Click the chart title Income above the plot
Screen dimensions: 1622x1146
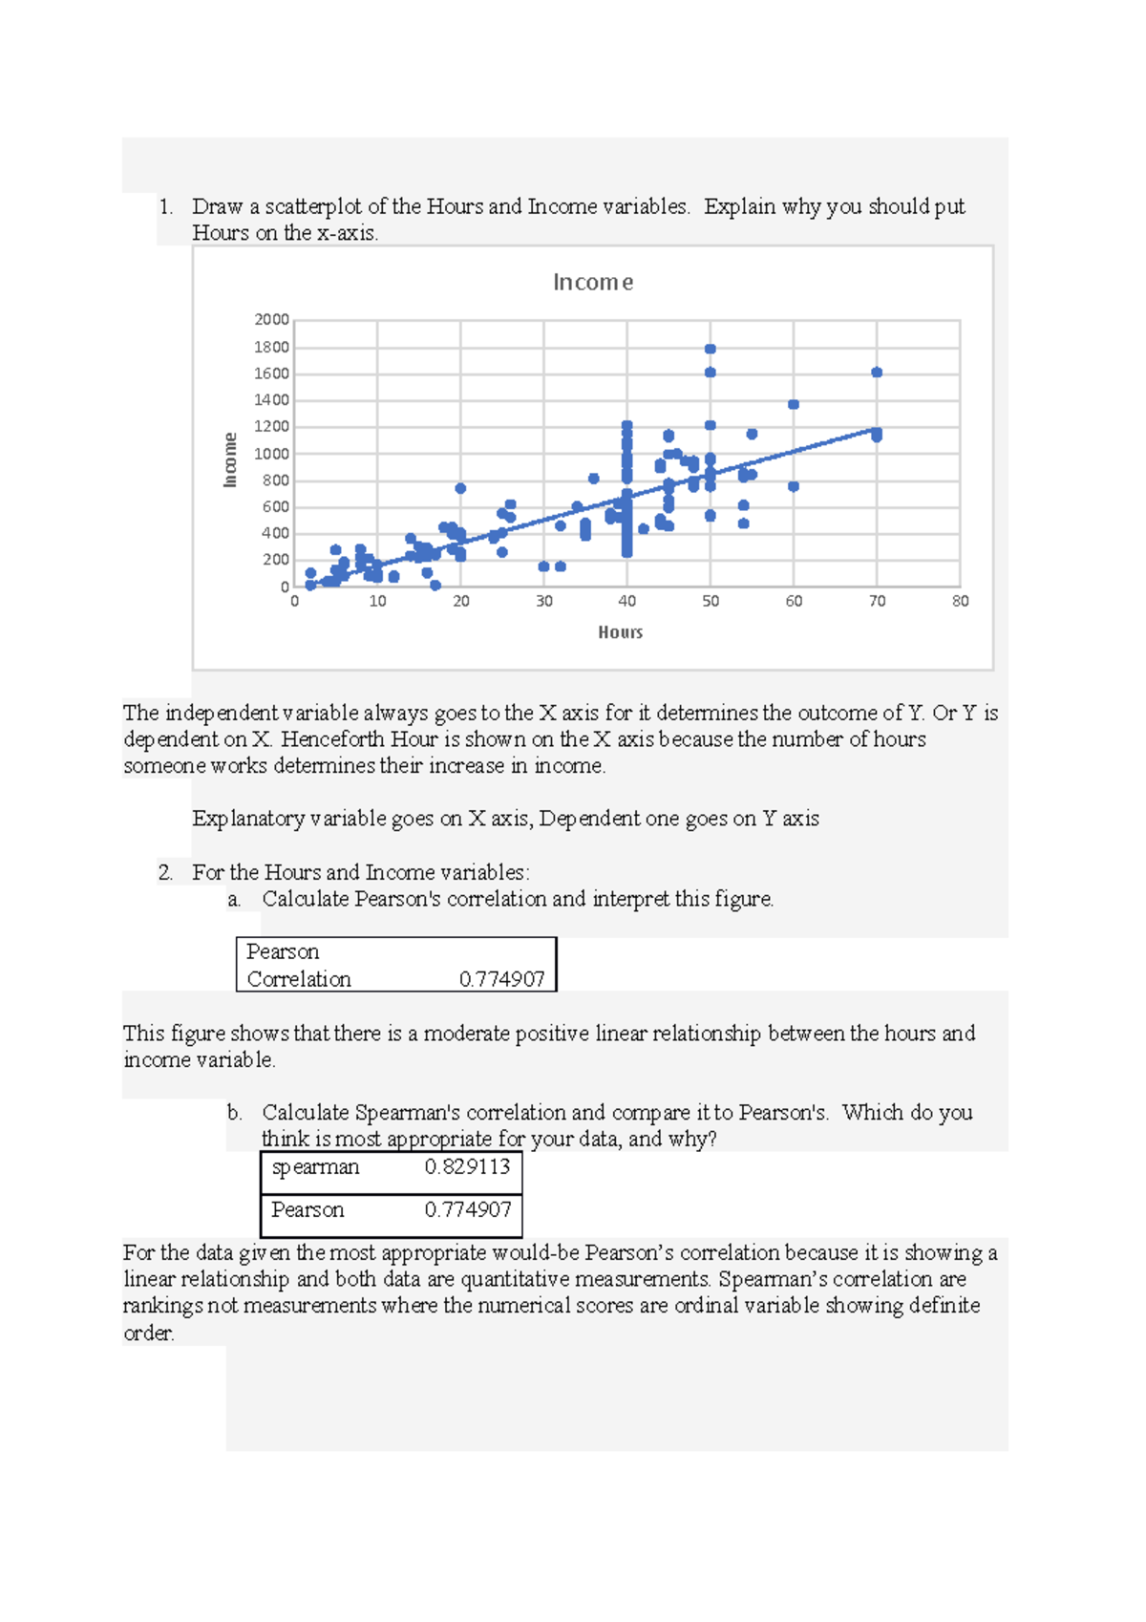[592, 282]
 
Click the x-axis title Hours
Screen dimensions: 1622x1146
[620, 632]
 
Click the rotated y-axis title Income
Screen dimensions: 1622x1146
[230, 459]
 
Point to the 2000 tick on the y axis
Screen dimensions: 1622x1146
[271, 320]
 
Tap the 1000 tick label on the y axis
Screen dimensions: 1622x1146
[271, 454]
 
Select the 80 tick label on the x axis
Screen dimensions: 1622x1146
[960, 601]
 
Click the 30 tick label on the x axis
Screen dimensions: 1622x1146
[544, 601]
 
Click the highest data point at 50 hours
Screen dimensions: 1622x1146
[710, 350]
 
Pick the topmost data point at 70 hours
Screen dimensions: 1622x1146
[877, 373]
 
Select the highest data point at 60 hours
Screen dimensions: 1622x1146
[794, 405]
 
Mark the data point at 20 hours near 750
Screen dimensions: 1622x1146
[460, 488]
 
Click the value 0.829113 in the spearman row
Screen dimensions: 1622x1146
[467, 1166]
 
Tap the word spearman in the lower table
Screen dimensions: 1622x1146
[315, 1167]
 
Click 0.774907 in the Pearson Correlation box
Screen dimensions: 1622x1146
[501, 979]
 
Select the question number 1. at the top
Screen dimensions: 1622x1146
[166, 206]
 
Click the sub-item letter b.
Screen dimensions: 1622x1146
[234, 1113]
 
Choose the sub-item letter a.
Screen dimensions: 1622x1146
[234, 899]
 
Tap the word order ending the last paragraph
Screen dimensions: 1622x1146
[147, 1333]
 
